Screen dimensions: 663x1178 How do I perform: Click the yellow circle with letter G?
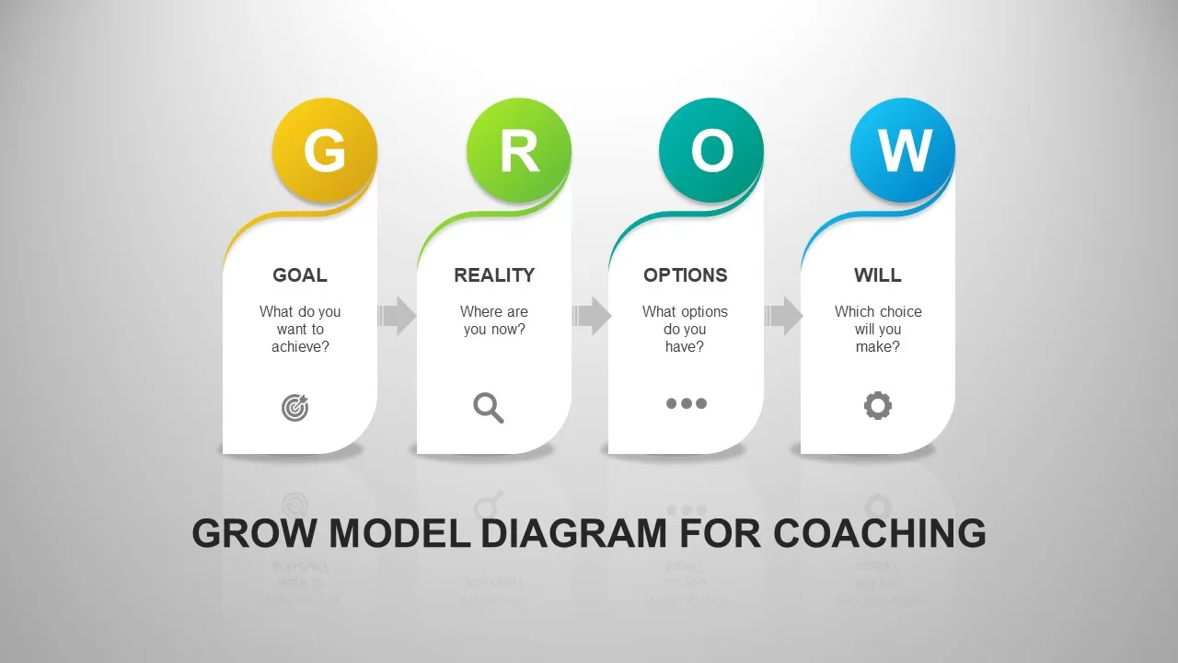click(325, 150)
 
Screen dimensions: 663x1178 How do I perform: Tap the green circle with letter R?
click(519, 150)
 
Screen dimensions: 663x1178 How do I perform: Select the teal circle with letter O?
click(711, 150)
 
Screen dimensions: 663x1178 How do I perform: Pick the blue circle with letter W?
click(903, 150)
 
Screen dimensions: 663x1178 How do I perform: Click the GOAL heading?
click(300, 275)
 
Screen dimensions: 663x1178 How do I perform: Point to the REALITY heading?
click(494, 275)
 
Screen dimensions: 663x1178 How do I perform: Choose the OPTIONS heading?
click(686, 275)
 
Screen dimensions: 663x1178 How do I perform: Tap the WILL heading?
click(878, 275)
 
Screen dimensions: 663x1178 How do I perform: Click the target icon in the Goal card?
click(295, 407)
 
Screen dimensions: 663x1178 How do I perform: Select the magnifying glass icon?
click(489, 407)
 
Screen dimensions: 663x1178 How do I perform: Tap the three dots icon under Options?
click(687, 403)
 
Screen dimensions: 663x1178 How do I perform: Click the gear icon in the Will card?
click(878, 405)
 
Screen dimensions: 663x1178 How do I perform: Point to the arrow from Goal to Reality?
click(397, 316)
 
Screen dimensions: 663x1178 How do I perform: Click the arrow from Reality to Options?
click(591, 316)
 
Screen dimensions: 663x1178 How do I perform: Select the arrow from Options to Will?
click(783, 316)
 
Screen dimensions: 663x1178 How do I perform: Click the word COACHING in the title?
click(879, 534)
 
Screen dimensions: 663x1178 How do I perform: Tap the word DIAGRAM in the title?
click(574, 534)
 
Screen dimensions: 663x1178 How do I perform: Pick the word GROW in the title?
click(255, 534)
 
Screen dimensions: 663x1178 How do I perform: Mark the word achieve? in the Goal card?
click(300, 347)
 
